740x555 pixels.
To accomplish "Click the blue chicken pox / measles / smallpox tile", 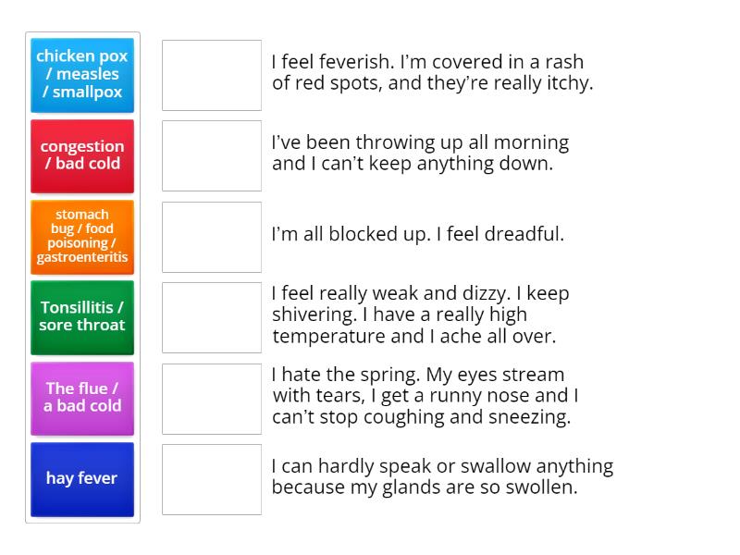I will [82, 74].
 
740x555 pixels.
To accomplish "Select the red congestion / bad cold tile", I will [82, 154].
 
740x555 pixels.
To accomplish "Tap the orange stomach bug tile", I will [82, 236].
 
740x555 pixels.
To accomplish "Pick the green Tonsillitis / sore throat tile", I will [82, 316].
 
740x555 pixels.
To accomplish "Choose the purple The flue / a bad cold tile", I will [82, 397].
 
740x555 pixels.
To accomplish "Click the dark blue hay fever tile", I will [82, 478].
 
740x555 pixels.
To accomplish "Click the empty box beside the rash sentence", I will [212, 75].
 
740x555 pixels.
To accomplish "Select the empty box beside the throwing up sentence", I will [212, 155].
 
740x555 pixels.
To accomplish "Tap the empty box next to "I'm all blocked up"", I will [212, 237].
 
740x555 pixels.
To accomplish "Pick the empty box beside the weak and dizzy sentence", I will [212, 317].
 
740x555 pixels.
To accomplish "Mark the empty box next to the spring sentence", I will [212, 399].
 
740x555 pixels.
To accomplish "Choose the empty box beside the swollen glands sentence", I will [212, 479].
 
